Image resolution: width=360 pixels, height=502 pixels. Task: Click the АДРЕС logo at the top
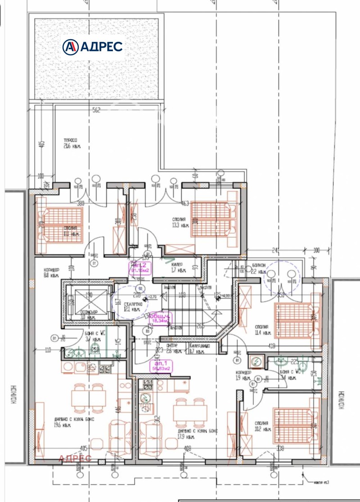click(x=93, y=46)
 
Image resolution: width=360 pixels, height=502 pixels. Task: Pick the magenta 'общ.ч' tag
click(x=160, y=318)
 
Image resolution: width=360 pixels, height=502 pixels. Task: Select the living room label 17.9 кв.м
click(x=197, y=434)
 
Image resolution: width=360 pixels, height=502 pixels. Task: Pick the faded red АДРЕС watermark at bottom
click(x=75, y=458)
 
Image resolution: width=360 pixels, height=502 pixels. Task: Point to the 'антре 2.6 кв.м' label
click(x=173, y=348)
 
